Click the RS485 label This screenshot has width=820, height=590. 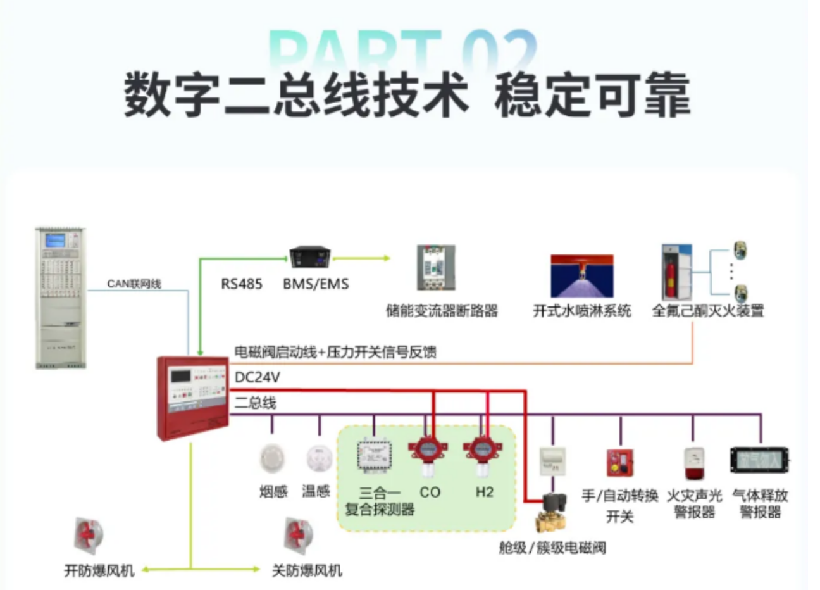(x=241, y=284)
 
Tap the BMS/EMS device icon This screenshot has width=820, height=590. (x=310, y=257)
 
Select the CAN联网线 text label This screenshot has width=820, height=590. (x=134, y=284)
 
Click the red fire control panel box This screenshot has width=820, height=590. (x=192, y=397)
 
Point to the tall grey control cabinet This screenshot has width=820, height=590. (x=61, y=298)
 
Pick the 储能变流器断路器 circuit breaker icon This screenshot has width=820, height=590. (x=435, y=268)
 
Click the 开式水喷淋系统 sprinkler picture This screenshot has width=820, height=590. (x=581, y=276)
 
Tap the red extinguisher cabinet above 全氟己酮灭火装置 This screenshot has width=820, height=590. (x=676, y=273)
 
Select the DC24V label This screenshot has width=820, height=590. (x=258, y=378)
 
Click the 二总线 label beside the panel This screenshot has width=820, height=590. (x=256, y=402)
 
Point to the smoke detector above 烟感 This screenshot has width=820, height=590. (x=273, y=458)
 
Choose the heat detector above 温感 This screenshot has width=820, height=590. (x=318, y=458)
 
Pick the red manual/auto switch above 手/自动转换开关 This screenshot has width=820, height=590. (x=619, y=463)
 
